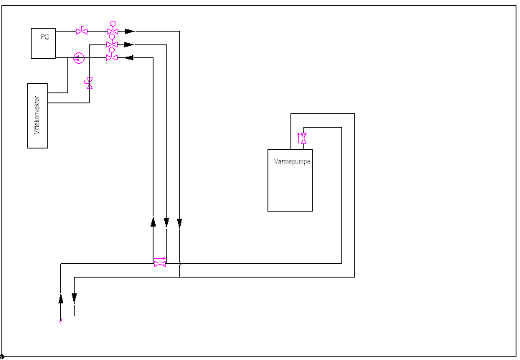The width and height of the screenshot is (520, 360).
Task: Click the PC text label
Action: coord(44,37)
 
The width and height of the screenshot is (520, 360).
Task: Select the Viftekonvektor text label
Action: coord(37,116)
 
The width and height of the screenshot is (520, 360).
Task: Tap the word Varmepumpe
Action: coord(292,161)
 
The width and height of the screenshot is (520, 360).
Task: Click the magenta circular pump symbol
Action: coord(79,57)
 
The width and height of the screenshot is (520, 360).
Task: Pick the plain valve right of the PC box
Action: coord(82,31)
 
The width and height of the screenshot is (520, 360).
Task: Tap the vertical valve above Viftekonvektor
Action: coord(89,83)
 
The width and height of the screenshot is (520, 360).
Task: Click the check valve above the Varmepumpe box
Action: coord(303,137)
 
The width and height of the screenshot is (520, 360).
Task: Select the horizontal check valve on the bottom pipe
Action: coord(159,263)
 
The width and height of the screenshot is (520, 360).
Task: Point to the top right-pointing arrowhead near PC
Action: coord(129,32)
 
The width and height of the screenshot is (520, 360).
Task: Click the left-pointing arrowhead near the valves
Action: coord(129,58)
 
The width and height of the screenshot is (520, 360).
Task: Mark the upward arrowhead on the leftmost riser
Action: coord(153,222)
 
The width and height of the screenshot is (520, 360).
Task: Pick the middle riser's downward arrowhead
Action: coord(166,223)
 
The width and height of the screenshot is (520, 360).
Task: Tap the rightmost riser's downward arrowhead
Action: coord(179,223)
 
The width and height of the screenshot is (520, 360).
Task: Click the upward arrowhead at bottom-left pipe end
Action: coord(61,298)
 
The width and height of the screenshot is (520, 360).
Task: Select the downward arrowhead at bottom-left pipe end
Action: coord(74,298)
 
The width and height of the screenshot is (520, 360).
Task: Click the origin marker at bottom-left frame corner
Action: coord(2,356)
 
